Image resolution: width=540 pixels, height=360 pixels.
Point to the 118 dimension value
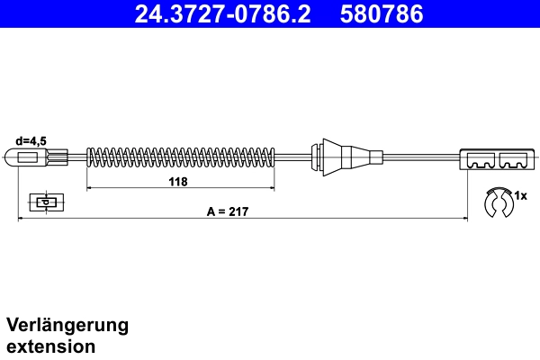tap(178, 182)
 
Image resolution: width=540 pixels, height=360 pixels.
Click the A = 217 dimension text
tap(227, 211)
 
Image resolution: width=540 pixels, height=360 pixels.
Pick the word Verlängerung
tap(67, 325)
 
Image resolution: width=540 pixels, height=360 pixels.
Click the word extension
tap(51, 346)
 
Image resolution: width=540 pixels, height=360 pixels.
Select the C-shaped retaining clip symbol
tap(497, 203)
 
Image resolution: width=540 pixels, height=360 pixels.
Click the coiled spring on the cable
tap(180, 157)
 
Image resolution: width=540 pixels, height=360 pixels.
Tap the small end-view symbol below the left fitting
tap(43, 202)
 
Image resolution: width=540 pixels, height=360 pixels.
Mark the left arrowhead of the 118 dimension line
tap(88, 189)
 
